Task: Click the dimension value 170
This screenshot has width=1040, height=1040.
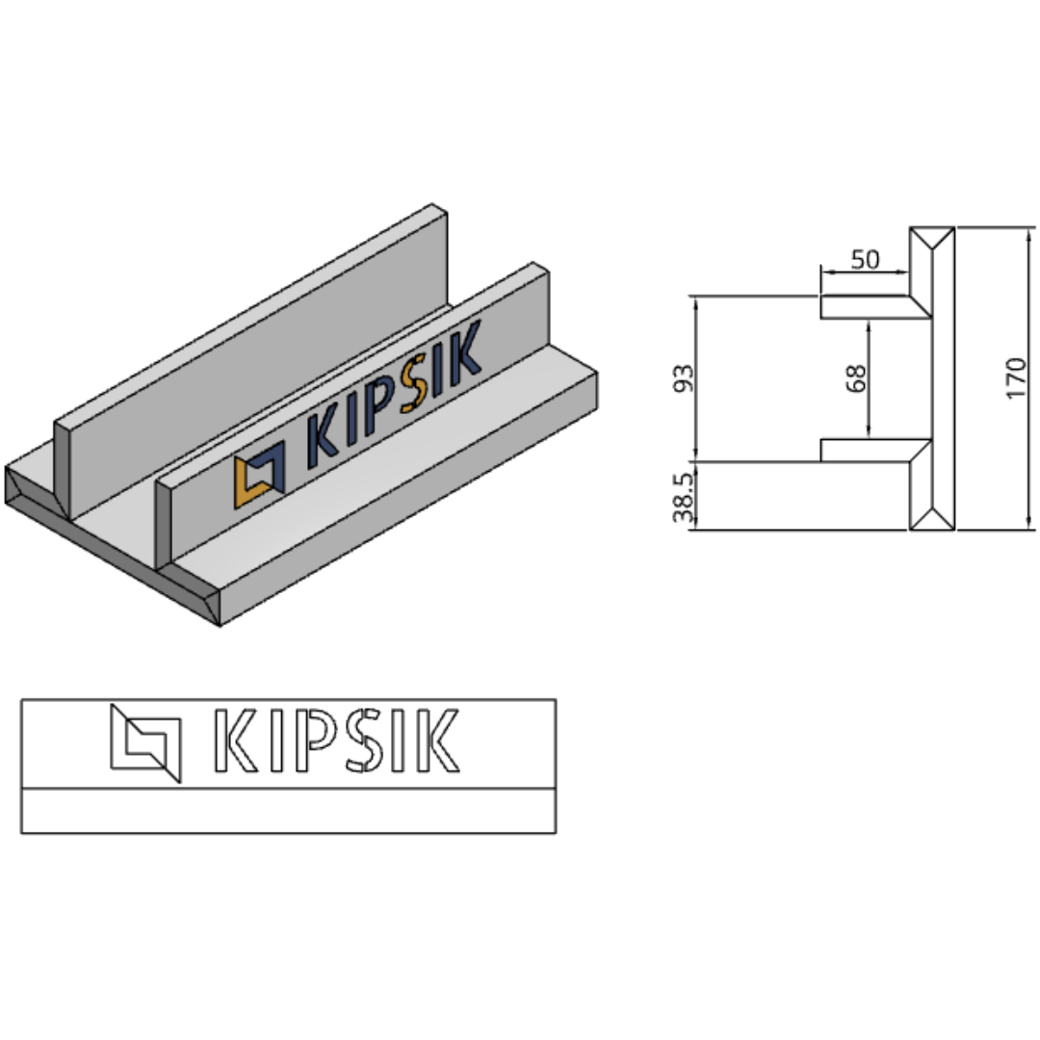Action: pos(1016,378)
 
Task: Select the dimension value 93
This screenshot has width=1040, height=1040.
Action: pos(683,378)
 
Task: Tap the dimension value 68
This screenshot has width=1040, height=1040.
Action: pos(856,378)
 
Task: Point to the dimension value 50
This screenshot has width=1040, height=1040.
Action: pos(865,259)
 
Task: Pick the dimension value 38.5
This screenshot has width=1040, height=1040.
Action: pos(683,498)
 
